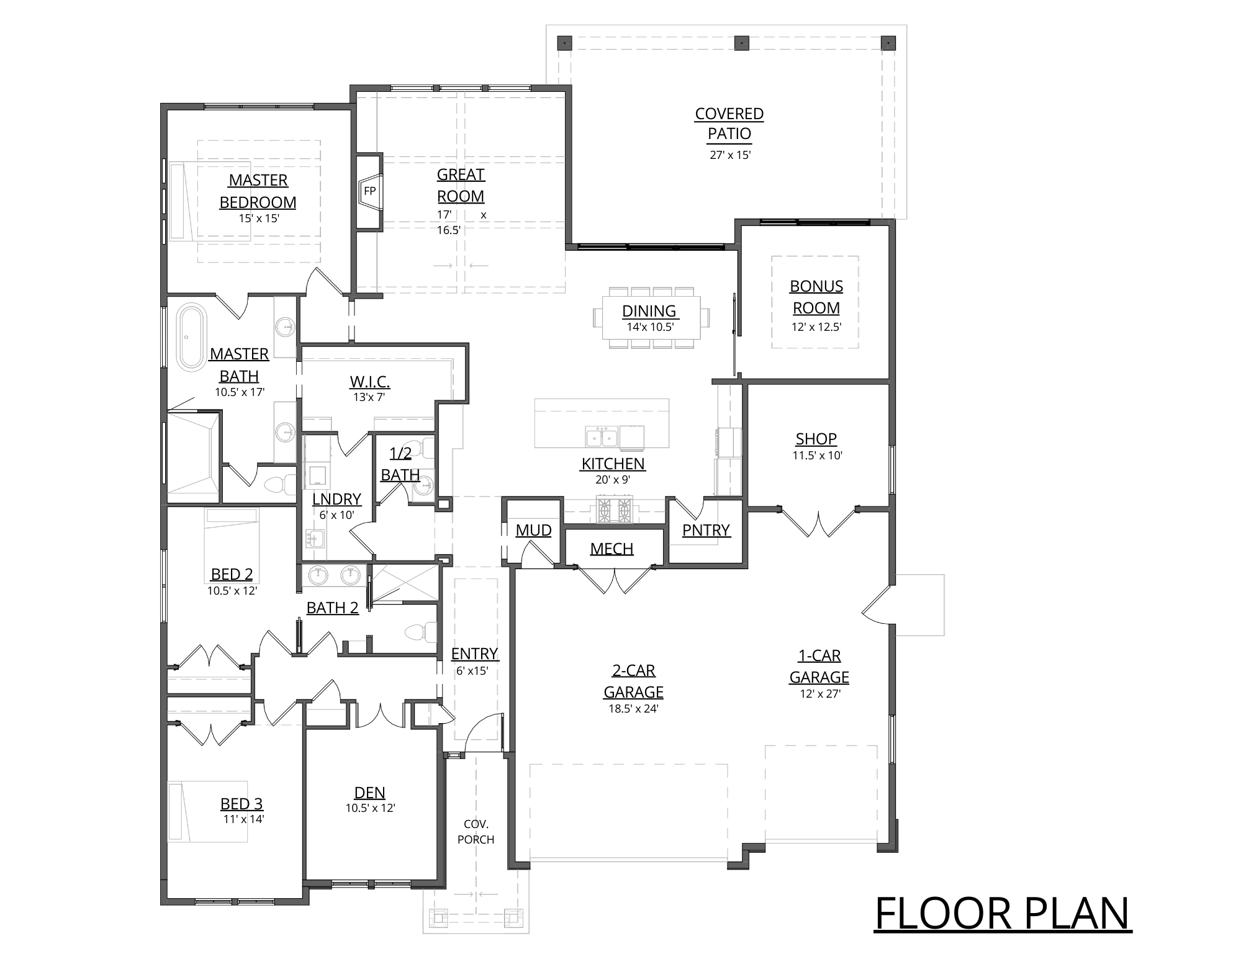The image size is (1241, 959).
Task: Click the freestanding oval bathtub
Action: (192, 337)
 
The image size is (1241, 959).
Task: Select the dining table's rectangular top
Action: (651, 317)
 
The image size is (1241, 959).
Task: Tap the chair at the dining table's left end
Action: (597, 317)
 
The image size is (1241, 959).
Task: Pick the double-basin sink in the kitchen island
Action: (601, 437)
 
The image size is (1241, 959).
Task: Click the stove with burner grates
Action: (614, 510)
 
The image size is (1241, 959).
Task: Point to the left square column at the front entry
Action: (439, 917)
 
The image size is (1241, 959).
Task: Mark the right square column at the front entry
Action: (513, 917)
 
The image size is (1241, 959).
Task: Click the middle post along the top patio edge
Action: (740, 43)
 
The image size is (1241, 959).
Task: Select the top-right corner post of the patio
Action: (888, 43)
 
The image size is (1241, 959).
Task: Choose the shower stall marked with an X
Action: (404, 582)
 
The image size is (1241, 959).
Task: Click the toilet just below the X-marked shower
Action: (421, 632)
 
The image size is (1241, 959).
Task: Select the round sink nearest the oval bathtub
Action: (285, 326)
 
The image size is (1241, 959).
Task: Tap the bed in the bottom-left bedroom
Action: (208, 811)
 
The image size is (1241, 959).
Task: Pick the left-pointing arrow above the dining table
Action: (479, 266)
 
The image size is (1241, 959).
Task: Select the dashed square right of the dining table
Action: (815, 302)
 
